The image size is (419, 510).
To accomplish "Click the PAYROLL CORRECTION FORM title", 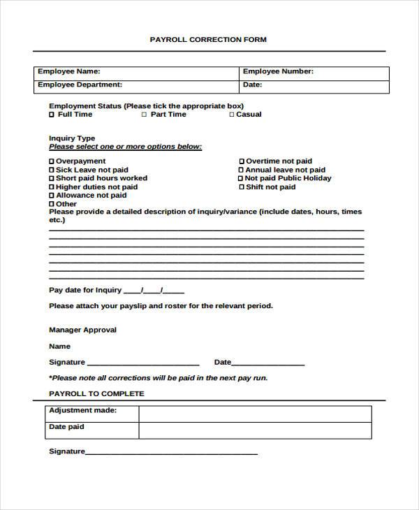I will tap(208, 40).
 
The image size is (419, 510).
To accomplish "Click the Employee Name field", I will tap(168, 72).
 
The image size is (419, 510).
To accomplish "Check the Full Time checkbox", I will tap(52, 115).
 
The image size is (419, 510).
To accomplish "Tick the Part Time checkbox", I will tap(145, 115).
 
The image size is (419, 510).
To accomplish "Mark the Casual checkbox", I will tap(232, 115).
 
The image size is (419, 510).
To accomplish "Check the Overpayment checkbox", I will tap(52, 161).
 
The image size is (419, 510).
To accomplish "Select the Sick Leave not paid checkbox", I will tap(52, 170).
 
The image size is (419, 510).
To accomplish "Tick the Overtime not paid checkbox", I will tap(242, 161).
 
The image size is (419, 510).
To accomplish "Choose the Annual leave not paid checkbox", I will tap(242, 170).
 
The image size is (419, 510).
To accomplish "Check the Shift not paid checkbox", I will tap(242, 187).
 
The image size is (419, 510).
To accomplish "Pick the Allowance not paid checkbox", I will tap(52, 196).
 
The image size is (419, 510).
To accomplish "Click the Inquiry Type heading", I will tap(72, 138).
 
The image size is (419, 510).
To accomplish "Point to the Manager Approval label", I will tap(82, 330).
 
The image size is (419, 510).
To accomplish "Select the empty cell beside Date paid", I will tap(255, 431).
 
